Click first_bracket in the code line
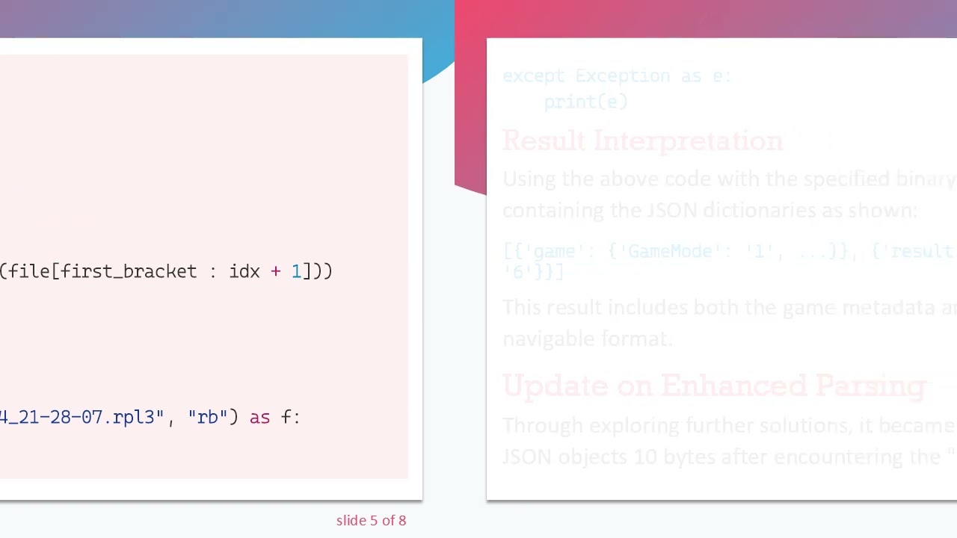129,271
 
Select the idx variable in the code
244,271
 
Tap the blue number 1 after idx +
296,271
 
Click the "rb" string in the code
208,417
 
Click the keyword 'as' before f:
259,417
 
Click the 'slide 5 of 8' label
371,520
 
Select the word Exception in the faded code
622,75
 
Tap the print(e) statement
585,102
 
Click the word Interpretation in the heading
688,141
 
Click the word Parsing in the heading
870,386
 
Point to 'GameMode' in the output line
669,252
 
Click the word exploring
638,426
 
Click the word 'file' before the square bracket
29,271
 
